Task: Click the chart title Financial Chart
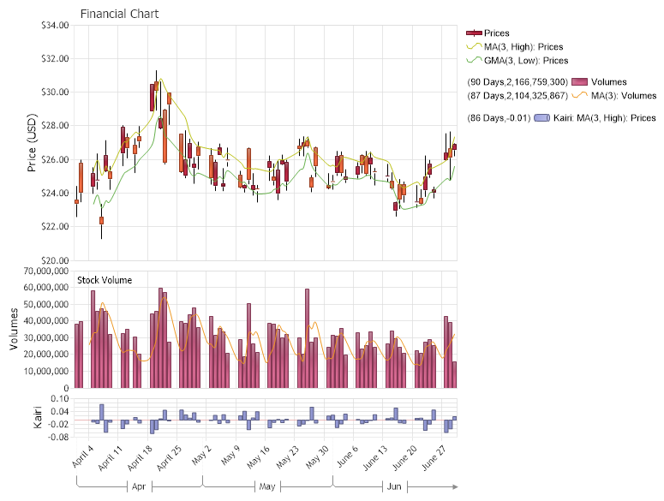tap(119, 14)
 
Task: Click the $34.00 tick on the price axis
tap(54, 25)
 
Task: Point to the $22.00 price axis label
tap(54, 227)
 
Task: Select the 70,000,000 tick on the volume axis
tap(39, 271)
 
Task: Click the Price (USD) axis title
tap(33, 142)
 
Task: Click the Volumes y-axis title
tap(14, 329)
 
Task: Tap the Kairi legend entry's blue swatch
tap(541, 117)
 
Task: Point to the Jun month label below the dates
tap(394, 486)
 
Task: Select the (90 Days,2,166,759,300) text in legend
tap(517, 81)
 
